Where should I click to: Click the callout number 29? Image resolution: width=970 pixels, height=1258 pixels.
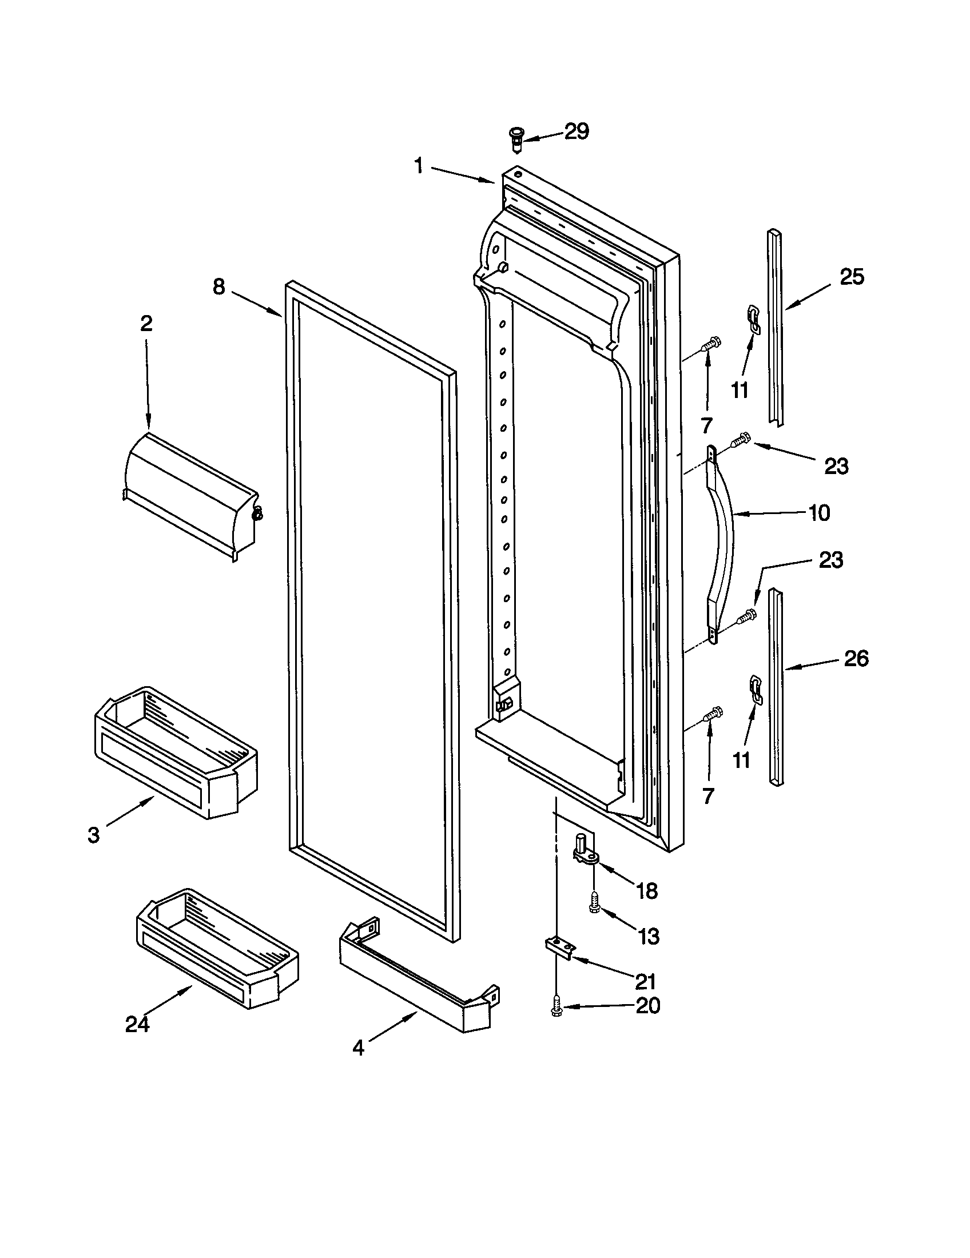pos(576,132)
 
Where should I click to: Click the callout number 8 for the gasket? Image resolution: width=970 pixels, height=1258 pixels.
pos(218,288)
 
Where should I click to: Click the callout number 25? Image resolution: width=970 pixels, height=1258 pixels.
pos(852,277)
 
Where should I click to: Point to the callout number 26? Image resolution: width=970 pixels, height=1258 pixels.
pos(856,658)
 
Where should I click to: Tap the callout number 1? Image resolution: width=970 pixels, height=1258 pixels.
pos(419,166)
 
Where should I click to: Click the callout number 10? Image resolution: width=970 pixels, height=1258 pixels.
pos(819,513)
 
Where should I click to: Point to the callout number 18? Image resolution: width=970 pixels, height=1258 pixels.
pos(646,891)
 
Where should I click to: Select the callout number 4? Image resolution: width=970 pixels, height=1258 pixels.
pos(358,1048)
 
